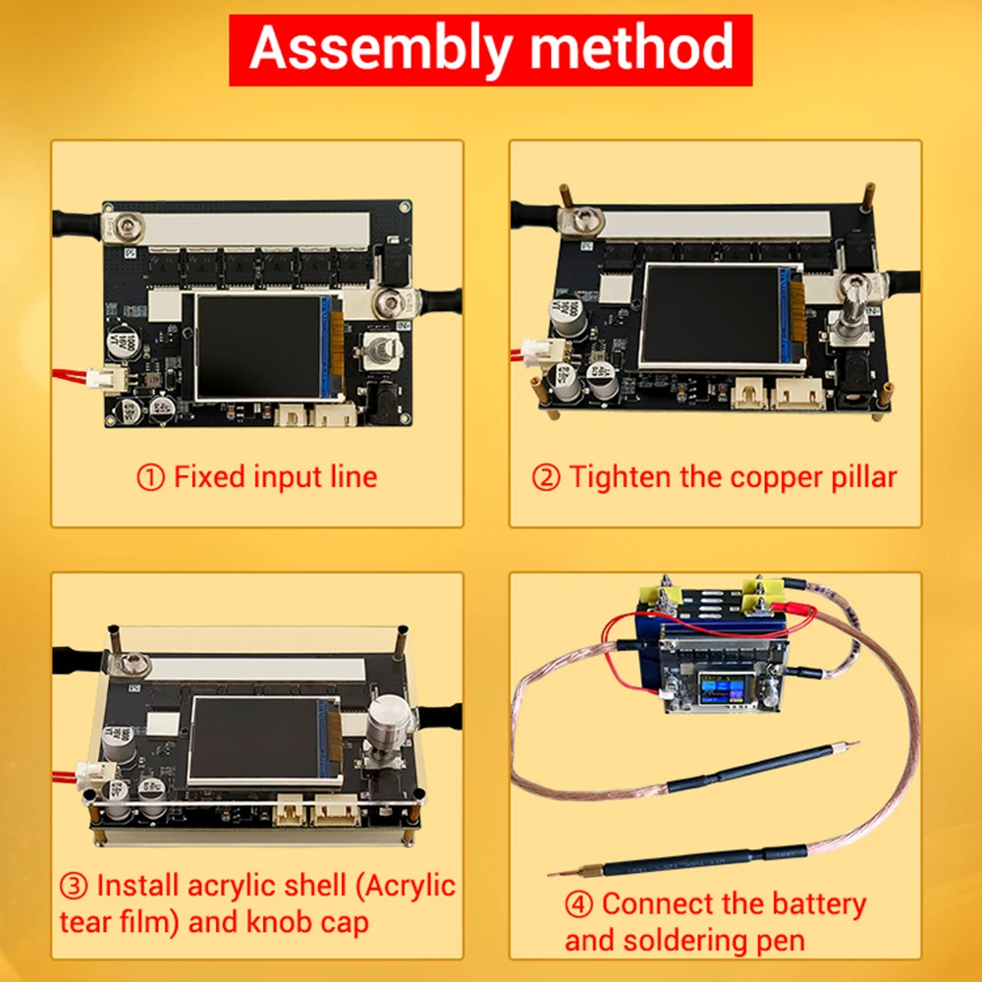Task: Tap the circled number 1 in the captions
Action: [149, 478]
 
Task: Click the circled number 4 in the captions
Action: [578, 903]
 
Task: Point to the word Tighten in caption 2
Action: [615, 478]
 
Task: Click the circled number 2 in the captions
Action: [546, 478]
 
